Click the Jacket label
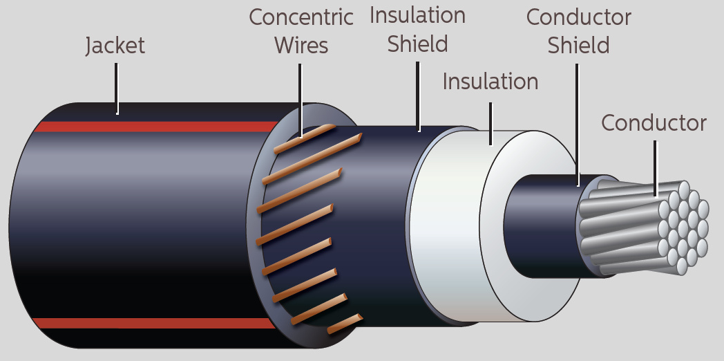pyautogui.click(x=115, y=46)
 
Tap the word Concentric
pyautogui.click(x=301, y=17)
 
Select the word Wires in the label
pyautogui.click(x=301, y=46)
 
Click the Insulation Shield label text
pyautogui.click(x=417, y=30)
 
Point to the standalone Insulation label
pyautogui.click(x=490, y=82)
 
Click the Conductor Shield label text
pyautogui.click(x=578, y=31)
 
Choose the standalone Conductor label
pyautogui.click(x=654, y=123)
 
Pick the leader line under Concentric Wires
pyautogui.click(x=301, y=97)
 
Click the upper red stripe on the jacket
pyautogui.click(x=152, y=127)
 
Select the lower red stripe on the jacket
pyautogui.click(x=152, y=323)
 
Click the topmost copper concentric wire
pyautogui.click(x=304, y=138)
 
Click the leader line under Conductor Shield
pyautogui.click(x=578, y=124)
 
